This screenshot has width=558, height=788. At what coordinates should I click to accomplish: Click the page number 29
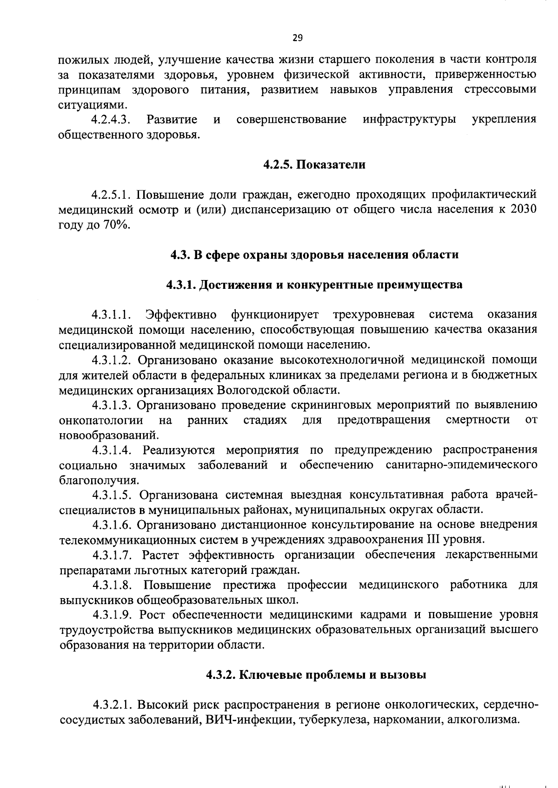tap(298, 38)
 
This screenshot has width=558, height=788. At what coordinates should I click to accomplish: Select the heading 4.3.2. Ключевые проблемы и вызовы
tap(316, 675)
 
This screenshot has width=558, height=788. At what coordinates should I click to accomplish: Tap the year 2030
tap(524, 209)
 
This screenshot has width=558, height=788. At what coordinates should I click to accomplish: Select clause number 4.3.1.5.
tap(113, 495)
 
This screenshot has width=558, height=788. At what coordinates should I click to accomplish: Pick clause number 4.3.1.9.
tap(113, 615)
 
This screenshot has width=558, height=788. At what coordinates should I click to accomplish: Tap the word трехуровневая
tap(374, 315)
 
